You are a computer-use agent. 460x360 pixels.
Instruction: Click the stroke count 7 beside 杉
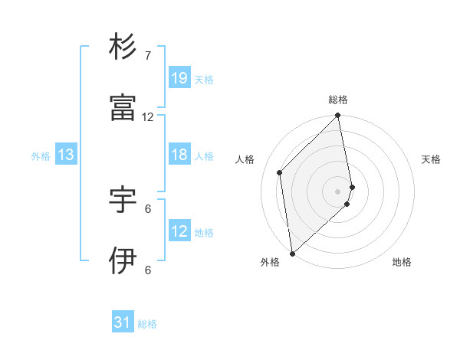pos(148,56)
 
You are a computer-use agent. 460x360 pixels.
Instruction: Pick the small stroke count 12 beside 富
pos(148,117)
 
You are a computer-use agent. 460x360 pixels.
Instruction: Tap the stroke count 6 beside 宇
pos(148,208)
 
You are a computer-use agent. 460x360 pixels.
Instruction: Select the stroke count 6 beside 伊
pos(148,270)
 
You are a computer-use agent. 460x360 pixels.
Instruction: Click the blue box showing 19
pos(179,78)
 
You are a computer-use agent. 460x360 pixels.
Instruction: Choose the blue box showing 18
pos(179,155)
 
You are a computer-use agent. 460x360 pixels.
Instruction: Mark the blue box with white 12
pos(179,231)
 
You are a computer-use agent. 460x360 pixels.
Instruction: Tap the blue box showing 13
pos(66,155)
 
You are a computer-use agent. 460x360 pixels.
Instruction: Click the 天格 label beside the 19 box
pos(204,79)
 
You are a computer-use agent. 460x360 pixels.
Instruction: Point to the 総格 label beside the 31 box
pos(147,324)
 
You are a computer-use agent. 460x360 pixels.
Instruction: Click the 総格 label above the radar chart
pos(338,100)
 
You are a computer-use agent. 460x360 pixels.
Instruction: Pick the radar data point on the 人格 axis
pos(280,172)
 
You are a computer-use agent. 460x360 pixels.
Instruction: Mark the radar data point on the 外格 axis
pos(292,253)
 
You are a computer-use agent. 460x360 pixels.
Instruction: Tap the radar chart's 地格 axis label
pos(402,263)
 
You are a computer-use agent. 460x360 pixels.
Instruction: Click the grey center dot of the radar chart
pos(338,191)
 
